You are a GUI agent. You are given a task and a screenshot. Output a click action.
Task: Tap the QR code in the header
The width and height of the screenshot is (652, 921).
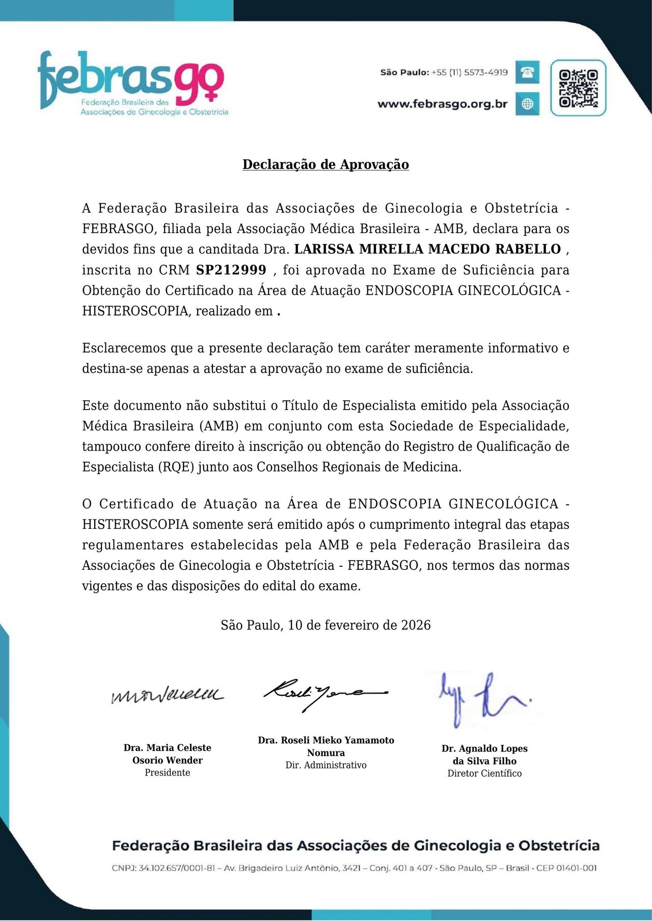pyautogui.click(x=578, y=88)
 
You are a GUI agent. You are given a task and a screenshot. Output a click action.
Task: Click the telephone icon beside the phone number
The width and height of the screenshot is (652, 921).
pyautogui.click(x=527, y=72)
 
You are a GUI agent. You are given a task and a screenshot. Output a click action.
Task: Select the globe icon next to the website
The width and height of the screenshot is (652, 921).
pyautogui.click(x=527, y=104)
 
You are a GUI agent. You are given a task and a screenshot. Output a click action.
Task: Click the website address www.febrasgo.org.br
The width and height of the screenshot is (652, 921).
pyautogui.click(x=442, y=104)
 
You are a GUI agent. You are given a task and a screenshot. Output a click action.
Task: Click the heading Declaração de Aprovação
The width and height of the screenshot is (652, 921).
pyautogui.click(x=325, y=164)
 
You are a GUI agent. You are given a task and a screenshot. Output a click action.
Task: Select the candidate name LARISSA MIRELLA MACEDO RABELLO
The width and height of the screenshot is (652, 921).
pyautogui.click(x=427, y=249)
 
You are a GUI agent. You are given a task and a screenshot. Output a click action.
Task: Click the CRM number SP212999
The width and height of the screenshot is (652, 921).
pyautogui.click(x=231, y=270)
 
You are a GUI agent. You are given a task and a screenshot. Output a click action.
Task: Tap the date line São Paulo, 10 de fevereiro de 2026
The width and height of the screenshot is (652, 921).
pyautogui.click(x=325, y=625)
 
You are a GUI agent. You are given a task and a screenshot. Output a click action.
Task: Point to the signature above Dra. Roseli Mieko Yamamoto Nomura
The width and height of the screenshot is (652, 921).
pyautogui.click(x=325, y=694)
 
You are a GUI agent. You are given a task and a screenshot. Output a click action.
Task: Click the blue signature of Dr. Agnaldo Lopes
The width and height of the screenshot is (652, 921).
pyautogui.click(x=483, y=699)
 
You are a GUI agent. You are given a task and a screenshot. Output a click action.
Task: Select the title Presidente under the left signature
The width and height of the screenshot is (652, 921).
pyautogui.click(x=167, y=772)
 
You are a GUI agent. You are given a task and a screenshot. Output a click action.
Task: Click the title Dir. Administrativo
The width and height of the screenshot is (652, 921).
pyautogui.click(x=325, y=765)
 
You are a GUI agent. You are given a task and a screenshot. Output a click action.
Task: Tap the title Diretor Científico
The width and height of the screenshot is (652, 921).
pyautogui.click(x=484, y=773)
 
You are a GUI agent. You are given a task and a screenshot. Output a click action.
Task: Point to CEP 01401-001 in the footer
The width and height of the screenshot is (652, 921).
pyautogui.click(x=566, y=868)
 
